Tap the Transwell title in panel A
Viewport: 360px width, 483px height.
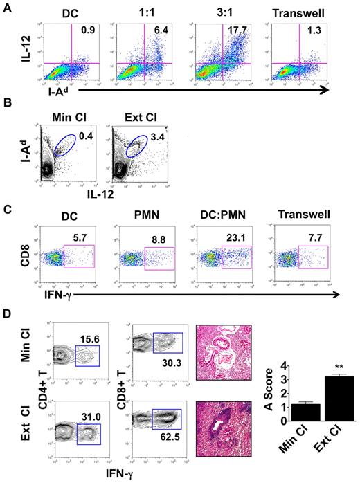pos(296,12)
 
